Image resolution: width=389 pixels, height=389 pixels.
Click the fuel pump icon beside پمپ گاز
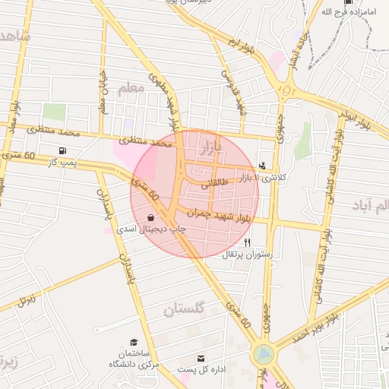[x=62, y=150]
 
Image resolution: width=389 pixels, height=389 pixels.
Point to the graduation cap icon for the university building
[x=134, y=343]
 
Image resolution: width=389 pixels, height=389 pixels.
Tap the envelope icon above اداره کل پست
[x=201, y=357]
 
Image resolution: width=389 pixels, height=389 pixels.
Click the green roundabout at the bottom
[x=264, y=354]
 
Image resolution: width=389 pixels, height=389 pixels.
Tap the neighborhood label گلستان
[x=185, y=309]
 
